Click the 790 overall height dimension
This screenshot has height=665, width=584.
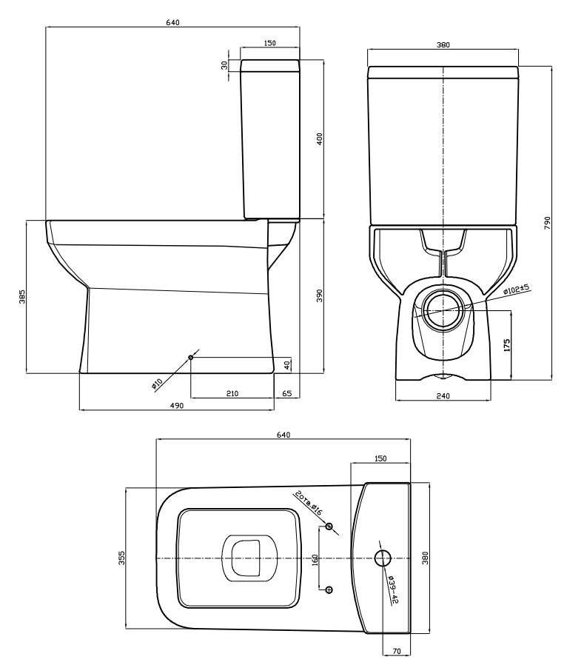[547, 223]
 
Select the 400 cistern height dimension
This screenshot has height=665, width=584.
[320, 138]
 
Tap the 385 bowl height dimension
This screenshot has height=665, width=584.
[22, 296]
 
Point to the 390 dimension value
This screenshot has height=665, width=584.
[320, 295]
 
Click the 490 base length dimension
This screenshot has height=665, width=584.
[177, 406]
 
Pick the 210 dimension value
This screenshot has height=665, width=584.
[232, 393]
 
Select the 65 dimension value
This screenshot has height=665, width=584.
[287, 393]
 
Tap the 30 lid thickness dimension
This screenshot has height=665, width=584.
[224, 64]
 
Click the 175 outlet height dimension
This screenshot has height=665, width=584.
[507, 345]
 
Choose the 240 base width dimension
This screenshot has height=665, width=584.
[443, 395]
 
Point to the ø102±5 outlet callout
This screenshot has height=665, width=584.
[517, 290]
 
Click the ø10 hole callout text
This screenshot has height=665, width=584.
[157, 384]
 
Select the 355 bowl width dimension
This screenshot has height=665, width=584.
[121, 558]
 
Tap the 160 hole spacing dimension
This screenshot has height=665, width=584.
[315, 560]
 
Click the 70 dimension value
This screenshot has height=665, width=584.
[396, 652]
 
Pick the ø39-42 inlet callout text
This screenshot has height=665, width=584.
[393, 589]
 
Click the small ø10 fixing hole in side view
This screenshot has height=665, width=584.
[191, 358]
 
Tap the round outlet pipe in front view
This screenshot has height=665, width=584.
[443, 310]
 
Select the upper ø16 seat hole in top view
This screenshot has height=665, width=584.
[329, 527]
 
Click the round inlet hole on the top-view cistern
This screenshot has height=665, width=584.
[383, 558]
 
